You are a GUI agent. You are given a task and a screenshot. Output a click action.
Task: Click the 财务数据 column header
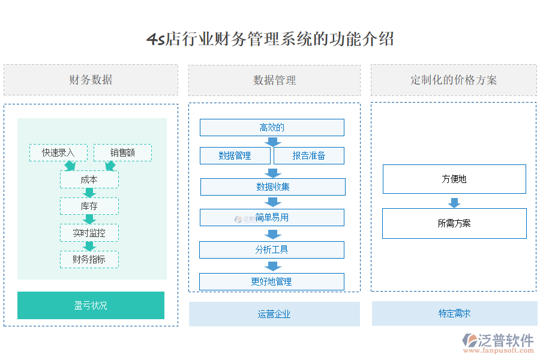point(91,80)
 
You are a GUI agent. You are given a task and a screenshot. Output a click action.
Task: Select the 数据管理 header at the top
point(274,80)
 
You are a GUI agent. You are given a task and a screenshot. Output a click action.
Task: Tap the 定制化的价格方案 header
point(454,80)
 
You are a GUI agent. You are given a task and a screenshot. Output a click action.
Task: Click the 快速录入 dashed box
point(58,152)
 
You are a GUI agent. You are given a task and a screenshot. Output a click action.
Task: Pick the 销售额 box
point(122,152)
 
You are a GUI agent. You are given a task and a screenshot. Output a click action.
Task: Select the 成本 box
point(89,179)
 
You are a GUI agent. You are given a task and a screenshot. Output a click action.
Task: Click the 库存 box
point(89,206)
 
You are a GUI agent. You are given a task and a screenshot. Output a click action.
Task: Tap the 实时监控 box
point(89,233)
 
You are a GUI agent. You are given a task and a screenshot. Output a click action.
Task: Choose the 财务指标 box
point(89,259)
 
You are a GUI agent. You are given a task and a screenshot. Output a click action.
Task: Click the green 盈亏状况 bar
point(91,305)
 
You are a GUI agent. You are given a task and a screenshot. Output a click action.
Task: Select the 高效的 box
point(272,127)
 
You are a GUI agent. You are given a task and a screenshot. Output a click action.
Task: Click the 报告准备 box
point(309,155)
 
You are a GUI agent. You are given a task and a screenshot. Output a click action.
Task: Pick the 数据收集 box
point(272,187)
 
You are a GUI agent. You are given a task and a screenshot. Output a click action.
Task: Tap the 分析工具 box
point(272,250)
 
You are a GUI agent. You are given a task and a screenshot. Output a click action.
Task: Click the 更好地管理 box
point(272,281)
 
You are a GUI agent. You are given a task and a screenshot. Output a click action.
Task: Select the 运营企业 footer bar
point(274,314)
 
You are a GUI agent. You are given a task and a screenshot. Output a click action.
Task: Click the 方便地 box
point(454,179)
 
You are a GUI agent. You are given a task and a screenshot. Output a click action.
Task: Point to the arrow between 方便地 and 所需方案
point(454,201)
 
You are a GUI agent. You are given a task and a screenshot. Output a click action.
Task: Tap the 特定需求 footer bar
point(454,313)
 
